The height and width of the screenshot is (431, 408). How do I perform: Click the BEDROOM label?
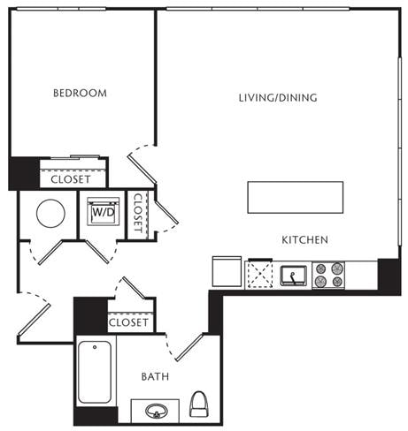(80, 93)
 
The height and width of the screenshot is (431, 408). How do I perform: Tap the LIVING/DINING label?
(278, 98)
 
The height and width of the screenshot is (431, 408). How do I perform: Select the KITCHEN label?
(304, 240)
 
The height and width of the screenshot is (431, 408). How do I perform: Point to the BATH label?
(155, 376)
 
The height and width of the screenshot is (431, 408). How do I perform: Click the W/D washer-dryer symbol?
(104, 212)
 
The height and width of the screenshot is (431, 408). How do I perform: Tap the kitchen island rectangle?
(296, 197)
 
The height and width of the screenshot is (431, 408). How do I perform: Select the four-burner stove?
(328, 275)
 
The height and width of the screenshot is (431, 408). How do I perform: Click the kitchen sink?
(294, 276)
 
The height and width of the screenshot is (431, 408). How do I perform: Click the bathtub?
(95, 372)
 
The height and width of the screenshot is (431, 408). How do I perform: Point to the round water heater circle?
(50, 214)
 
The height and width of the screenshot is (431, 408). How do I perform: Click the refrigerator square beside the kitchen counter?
(227, 271)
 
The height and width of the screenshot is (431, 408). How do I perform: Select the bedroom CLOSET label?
(71, 179)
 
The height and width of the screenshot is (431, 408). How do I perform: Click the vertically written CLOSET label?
(138, 212)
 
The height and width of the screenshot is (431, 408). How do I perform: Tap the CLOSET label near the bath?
(128, 322)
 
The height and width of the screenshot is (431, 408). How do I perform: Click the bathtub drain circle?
(95, 347)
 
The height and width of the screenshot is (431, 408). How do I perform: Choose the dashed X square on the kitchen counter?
(260, 275)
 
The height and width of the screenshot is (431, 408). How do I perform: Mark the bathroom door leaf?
(189, 347)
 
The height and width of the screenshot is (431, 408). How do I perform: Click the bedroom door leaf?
(142, 169)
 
